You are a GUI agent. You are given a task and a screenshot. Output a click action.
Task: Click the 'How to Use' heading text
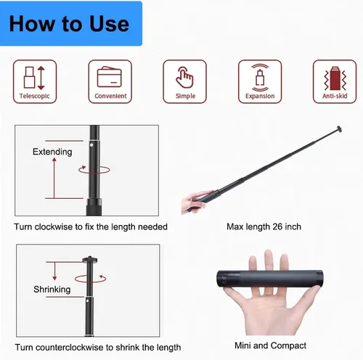(x=69, y=24)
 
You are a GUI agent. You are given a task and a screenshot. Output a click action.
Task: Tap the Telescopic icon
(x=34, y=78)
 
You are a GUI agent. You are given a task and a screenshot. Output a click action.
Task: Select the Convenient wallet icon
(x=110, y=77)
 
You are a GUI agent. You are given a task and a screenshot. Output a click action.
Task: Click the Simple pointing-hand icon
(x=184, y=78)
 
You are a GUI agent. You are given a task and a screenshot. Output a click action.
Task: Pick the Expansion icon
(x=260, y=78)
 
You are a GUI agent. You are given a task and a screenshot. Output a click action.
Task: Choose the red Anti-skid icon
(x=335, y=78)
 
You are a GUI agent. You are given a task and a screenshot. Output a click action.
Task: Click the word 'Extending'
(x=52, y=152)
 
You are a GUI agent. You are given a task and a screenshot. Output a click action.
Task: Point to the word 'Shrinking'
(x=52, y=290)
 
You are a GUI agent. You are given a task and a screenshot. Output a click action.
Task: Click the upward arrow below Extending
(x=54, y=178)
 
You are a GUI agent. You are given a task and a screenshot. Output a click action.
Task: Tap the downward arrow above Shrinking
(x=54, y=271)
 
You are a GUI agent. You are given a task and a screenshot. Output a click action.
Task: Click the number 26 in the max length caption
(x=277, y=226)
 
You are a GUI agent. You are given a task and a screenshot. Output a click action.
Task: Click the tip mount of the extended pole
(x=338, y=129)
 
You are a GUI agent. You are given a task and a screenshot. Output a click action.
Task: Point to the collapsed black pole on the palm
(x=270, y=279)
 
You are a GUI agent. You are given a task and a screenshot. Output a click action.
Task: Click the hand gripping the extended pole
(x=195, y=202)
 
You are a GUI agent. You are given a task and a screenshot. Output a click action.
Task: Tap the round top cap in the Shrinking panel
(x=90, y=260)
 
